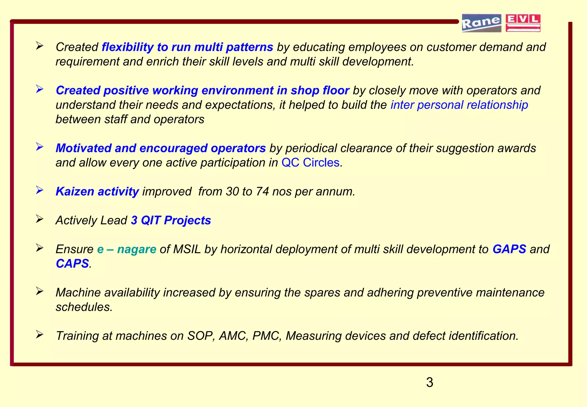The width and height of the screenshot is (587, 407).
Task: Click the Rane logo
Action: (481, 23)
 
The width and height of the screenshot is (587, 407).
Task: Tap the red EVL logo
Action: (523, 23)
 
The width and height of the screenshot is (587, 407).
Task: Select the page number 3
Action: (429, 382)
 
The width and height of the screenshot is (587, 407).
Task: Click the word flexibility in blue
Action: (128, 47)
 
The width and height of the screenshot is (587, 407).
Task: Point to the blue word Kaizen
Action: (75, 191)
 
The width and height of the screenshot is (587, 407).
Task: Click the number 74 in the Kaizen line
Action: (262, 191)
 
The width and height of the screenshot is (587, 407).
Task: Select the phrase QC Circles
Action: (310, 163)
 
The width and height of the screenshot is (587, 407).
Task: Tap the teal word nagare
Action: (137, 249)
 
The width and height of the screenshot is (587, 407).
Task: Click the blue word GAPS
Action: (509, 249)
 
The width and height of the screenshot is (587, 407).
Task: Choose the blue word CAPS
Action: (72, 264)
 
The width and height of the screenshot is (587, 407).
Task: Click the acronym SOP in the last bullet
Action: (200, 336)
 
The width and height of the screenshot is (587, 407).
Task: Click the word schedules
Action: (84, 307)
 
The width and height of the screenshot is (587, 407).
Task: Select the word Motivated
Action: (83, 148)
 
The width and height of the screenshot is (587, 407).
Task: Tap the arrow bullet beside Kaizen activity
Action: (40, 190)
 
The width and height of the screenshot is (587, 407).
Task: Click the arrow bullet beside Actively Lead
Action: (40, 219)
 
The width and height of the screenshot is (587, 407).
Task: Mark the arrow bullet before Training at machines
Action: (40, 334)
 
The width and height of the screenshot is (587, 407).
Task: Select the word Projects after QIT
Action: (187, 220)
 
